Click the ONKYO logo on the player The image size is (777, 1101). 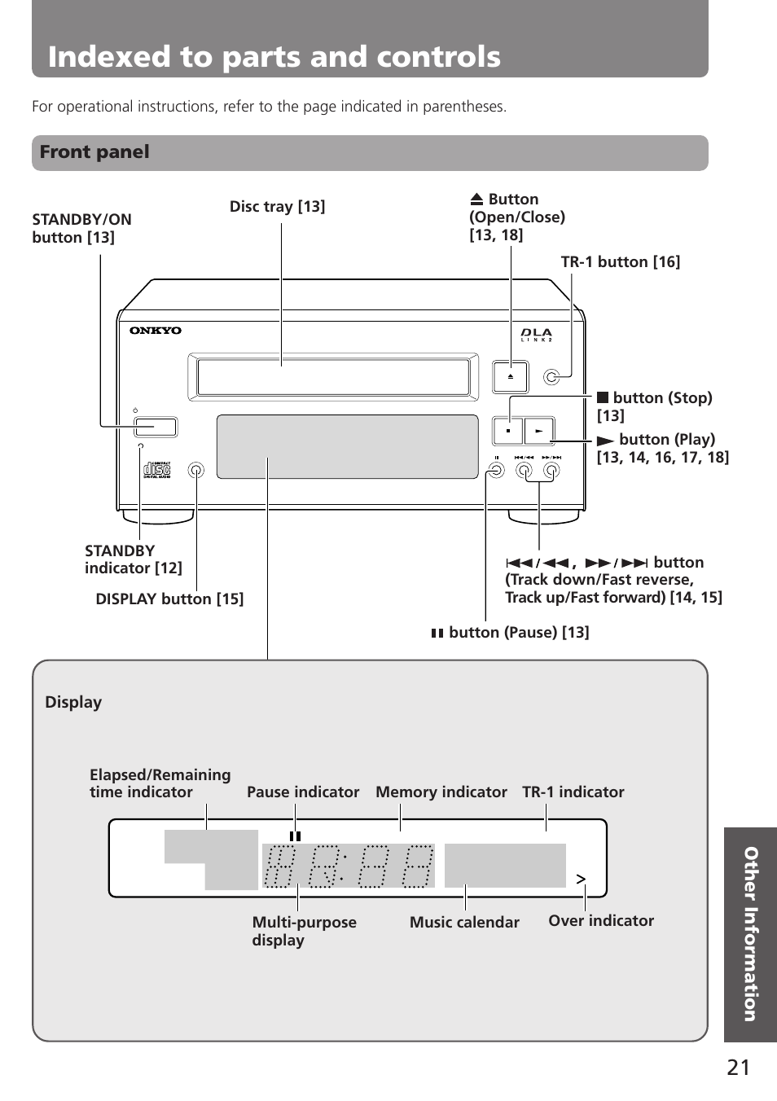click(x=156, y=331)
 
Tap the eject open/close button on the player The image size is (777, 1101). click(x=510, y=377)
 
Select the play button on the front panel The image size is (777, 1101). click(x=539, y=431)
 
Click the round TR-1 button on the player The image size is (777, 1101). click(x=551, y=377)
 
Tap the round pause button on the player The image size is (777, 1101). click(x=496, y=471)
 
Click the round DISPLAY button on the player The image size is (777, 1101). click(x=196, y=471)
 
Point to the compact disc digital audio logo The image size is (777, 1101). click(x=156, y=470)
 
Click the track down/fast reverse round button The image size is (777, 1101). click(x=524, y=471)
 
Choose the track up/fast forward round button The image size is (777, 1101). click(x=551, y=471)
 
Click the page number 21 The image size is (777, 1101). click(x=739, y=1068)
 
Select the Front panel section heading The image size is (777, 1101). click(x=94, y=152)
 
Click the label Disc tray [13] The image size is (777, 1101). click(x=277, y=207)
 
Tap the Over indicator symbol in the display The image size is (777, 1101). click(x=581, y=879)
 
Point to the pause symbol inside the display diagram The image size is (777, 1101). click(x=295, y=836)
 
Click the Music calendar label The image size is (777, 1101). click(x=464, y=922)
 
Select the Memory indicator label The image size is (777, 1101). click(x=441, y=792)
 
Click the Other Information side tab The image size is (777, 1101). click(x=750, y=934)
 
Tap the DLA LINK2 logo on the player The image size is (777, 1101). click(x=536, y=335)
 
